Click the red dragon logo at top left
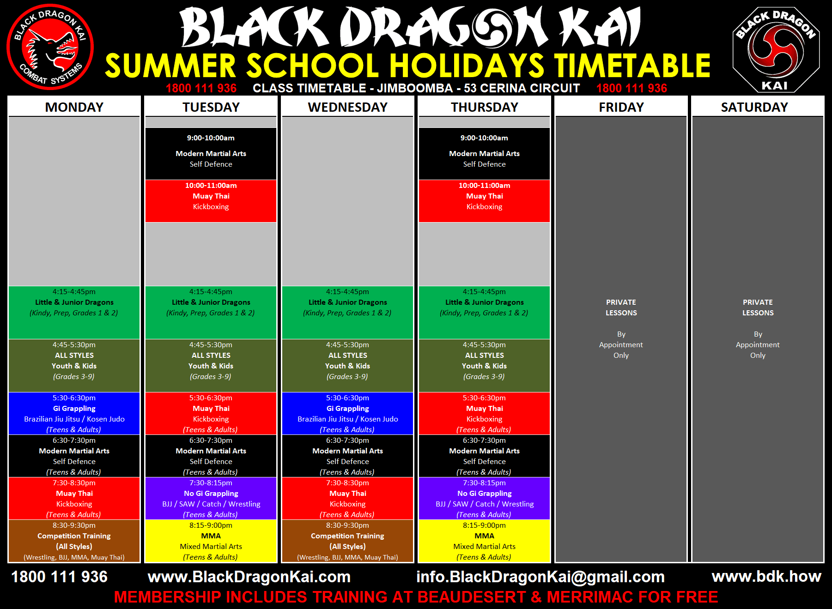coord(50,47)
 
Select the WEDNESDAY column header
coord(347,107)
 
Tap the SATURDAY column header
coord(754,107)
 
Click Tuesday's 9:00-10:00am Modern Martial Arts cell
coord(211,153)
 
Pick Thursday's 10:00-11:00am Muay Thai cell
coord(484,201)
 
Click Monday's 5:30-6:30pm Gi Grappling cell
coord(74,413)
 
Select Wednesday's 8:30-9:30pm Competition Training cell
coord(347,541)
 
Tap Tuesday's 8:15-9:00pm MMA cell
coord(211,541)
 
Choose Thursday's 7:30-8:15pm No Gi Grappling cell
coord(484,498)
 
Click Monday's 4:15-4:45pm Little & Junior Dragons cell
coord(74,313)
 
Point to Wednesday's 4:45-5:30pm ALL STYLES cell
coord(347,366)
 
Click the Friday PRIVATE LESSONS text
coord(621,308)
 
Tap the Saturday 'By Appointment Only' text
coord(758,344)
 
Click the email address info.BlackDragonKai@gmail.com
coord(540,577)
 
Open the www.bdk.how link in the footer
coord(766,576)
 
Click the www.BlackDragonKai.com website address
coord(249,577)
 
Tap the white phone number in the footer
coord(59,577)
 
